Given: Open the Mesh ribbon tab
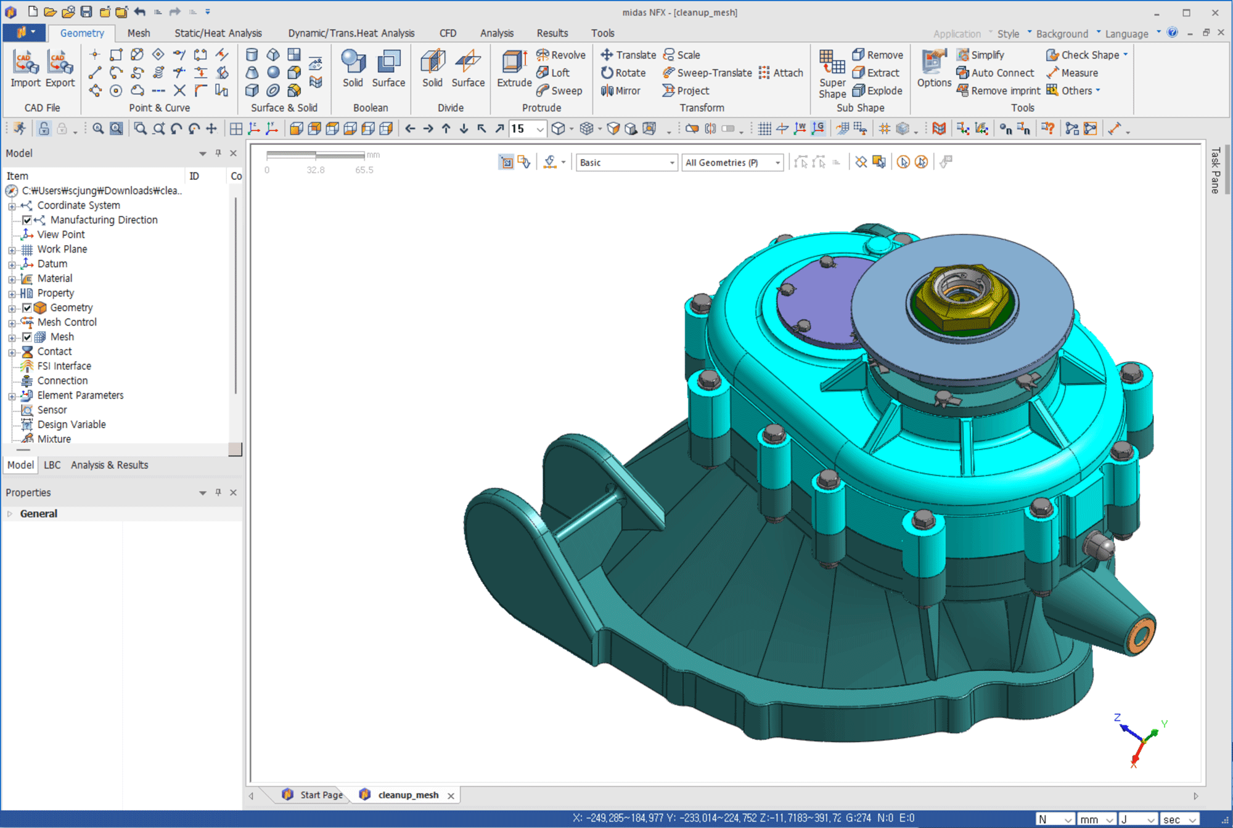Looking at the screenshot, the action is pos(139,33).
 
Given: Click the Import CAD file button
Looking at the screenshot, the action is pos(25,68).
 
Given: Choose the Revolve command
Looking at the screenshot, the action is pos(560,55).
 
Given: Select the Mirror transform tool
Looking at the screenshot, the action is pos(621,91).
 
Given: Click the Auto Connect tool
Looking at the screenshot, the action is pos(995,73).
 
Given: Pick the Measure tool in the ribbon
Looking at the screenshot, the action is pos(1072,73).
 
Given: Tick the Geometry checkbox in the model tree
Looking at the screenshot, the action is pos(27,307).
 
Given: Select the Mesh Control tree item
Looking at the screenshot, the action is pos(67,322).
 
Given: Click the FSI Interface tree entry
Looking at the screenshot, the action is pos(64,366).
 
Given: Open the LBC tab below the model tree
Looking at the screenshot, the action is pos(52,465).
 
